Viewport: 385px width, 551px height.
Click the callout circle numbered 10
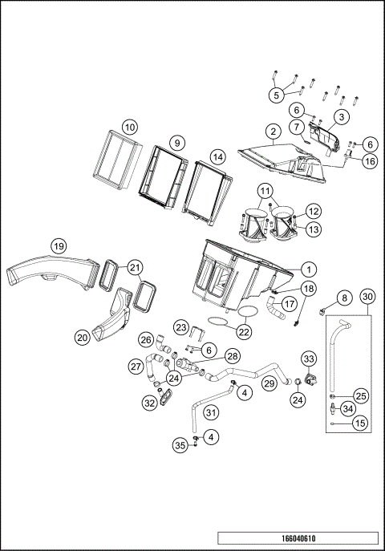pyautogui.click(x=130, y=128)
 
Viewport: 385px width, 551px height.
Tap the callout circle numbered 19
pyautogui.click(x=59, y=246)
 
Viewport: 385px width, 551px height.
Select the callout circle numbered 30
pyautogui.click(x=367, y=297)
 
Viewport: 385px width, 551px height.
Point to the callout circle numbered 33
pyautogui.click(x=309, y=359)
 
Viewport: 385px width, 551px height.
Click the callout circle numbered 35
pyautogui.click(x=180, y=446)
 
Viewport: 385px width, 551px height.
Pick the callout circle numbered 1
pyautogui.click(x=309, y=269)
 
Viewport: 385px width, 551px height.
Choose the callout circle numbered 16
pyautogui.click(x=370, y=161)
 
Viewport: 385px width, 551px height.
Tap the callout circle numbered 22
pyautogui.click(x=244, y=332)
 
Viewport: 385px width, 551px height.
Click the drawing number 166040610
pyautogui.click(x=298, y=538)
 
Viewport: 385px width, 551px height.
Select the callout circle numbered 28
pyautogui.click(x=233, y=356)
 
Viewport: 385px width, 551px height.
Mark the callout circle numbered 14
pyautogui.click(x=218, y=157)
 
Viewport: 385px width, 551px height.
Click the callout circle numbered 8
pyautogui.click(x=345, y=298)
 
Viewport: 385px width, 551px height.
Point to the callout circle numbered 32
pyautogui.click(x=150, y=403)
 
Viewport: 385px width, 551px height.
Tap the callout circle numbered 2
pyautogui.click(x=273, y=132)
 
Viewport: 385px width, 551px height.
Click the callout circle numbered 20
pyautogui.click(x=82, y=338)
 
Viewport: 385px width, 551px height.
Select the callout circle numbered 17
pyautogui.click(x=289, y=304)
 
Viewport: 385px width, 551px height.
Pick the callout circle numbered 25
pyautogui.click(x=361, y=396)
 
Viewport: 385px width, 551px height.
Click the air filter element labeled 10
pyautogui.click(x=118, y=160)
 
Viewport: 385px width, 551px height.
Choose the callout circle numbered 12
pyautogui.click(x=314, y=211)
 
